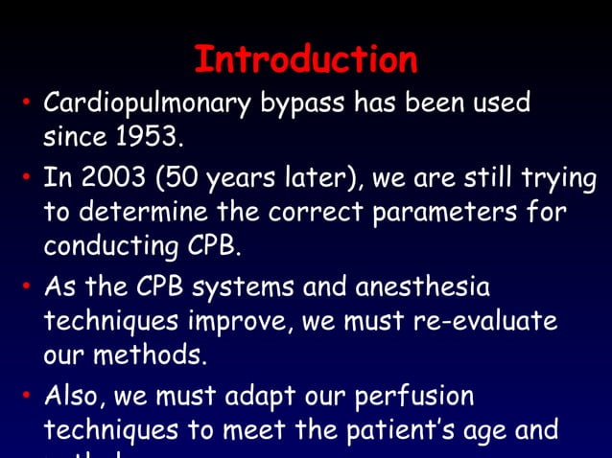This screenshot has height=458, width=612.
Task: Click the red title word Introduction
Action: (305, 60)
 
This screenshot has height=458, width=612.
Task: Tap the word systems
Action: (243, 287)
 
